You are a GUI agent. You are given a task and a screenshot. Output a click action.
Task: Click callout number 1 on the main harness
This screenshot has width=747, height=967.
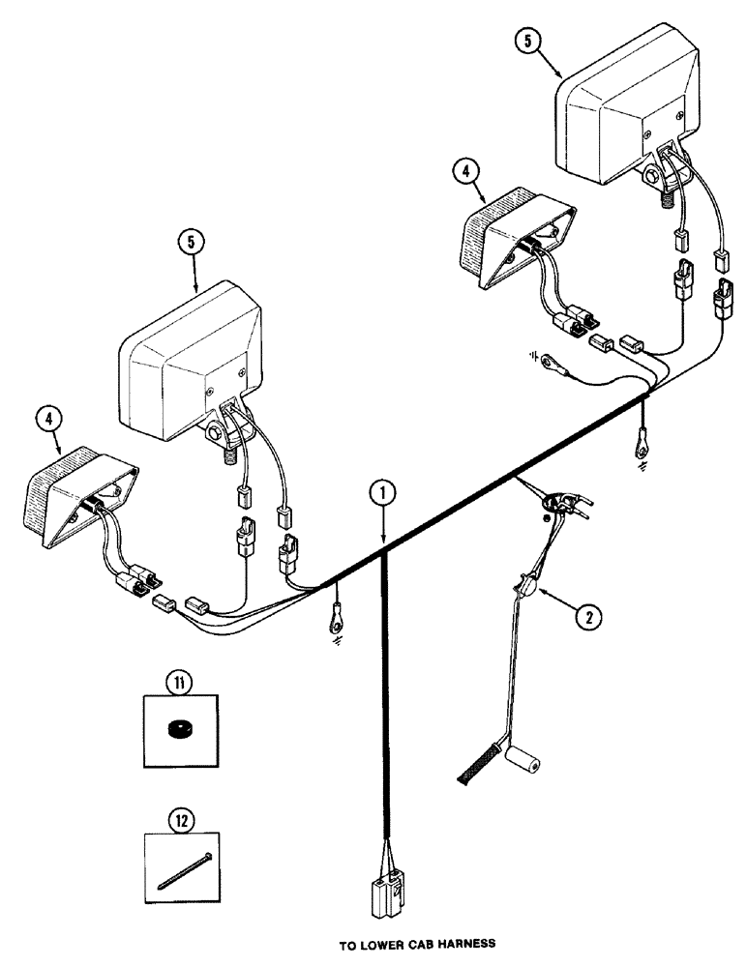383,493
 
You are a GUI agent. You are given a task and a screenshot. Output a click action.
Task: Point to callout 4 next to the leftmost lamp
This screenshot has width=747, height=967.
49,420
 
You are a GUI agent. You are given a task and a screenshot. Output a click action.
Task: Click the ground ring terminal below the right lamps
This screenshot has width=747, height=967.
641,447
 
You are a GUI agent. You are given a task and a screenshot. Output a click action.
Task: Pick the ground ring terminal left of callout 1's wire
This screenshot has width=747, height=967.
332,613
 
